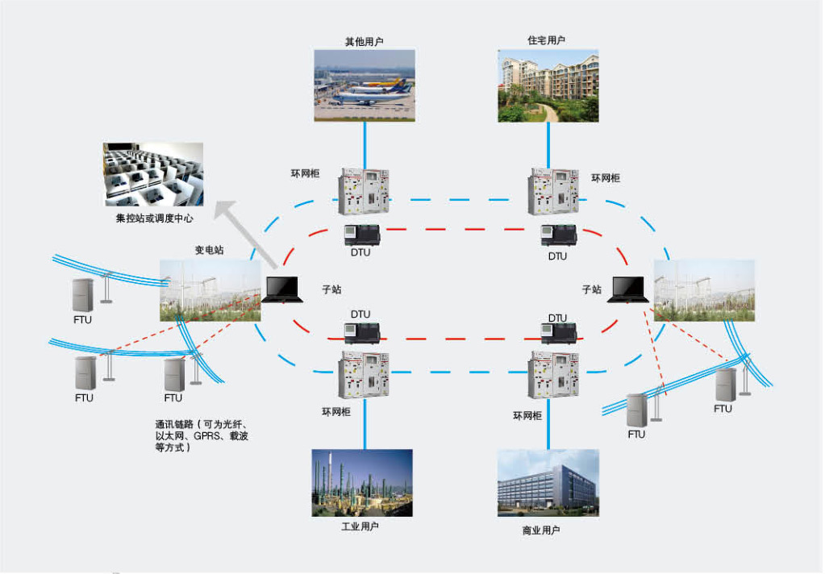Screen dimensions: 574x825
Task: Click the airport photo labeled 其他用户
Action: click(x=365, y=85)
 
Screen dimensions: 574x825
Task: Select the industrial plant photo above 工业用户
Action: click(x=362, y=483)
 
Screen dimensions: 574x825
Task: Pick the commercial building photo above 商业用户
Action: click(x=548, y=483)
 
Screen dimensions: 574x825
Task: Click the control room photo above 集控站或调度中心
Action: click(x=153, y=174)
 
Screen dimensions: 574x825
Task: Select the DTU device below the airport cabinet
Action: click(x=362, y=234)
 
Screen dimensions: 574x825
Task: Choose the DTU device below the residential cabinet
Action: click(x=558, y=235)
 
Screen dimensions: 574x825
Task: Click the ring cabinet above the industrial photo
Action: click(x=365, y=374)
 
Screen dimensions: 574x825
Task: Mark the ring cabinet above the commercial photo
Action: click(x=554, y=374)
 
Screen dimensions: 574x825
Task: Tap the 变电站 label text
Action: click(x=209, y=250)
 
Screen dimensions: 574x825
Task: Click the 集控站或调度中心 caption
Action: click(x=154, y=218)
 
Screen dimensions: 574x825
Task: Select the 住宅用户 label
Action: click(x=547, y=40)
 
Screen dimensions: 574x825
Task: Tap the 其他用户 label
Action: click(x=364, y=40)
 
